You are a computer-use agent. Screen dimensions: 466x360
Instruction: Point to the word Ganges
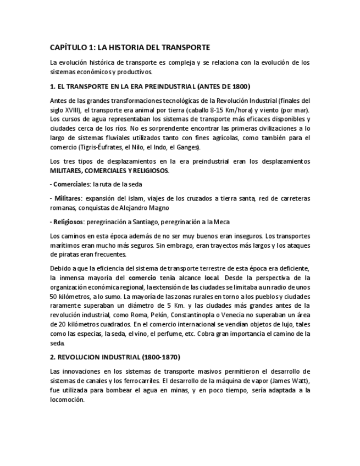click(x=188, y=147)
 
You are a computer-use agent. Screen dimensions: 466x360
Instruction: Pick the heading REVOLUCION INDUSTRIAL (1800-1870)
click(x=114, y=357)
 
